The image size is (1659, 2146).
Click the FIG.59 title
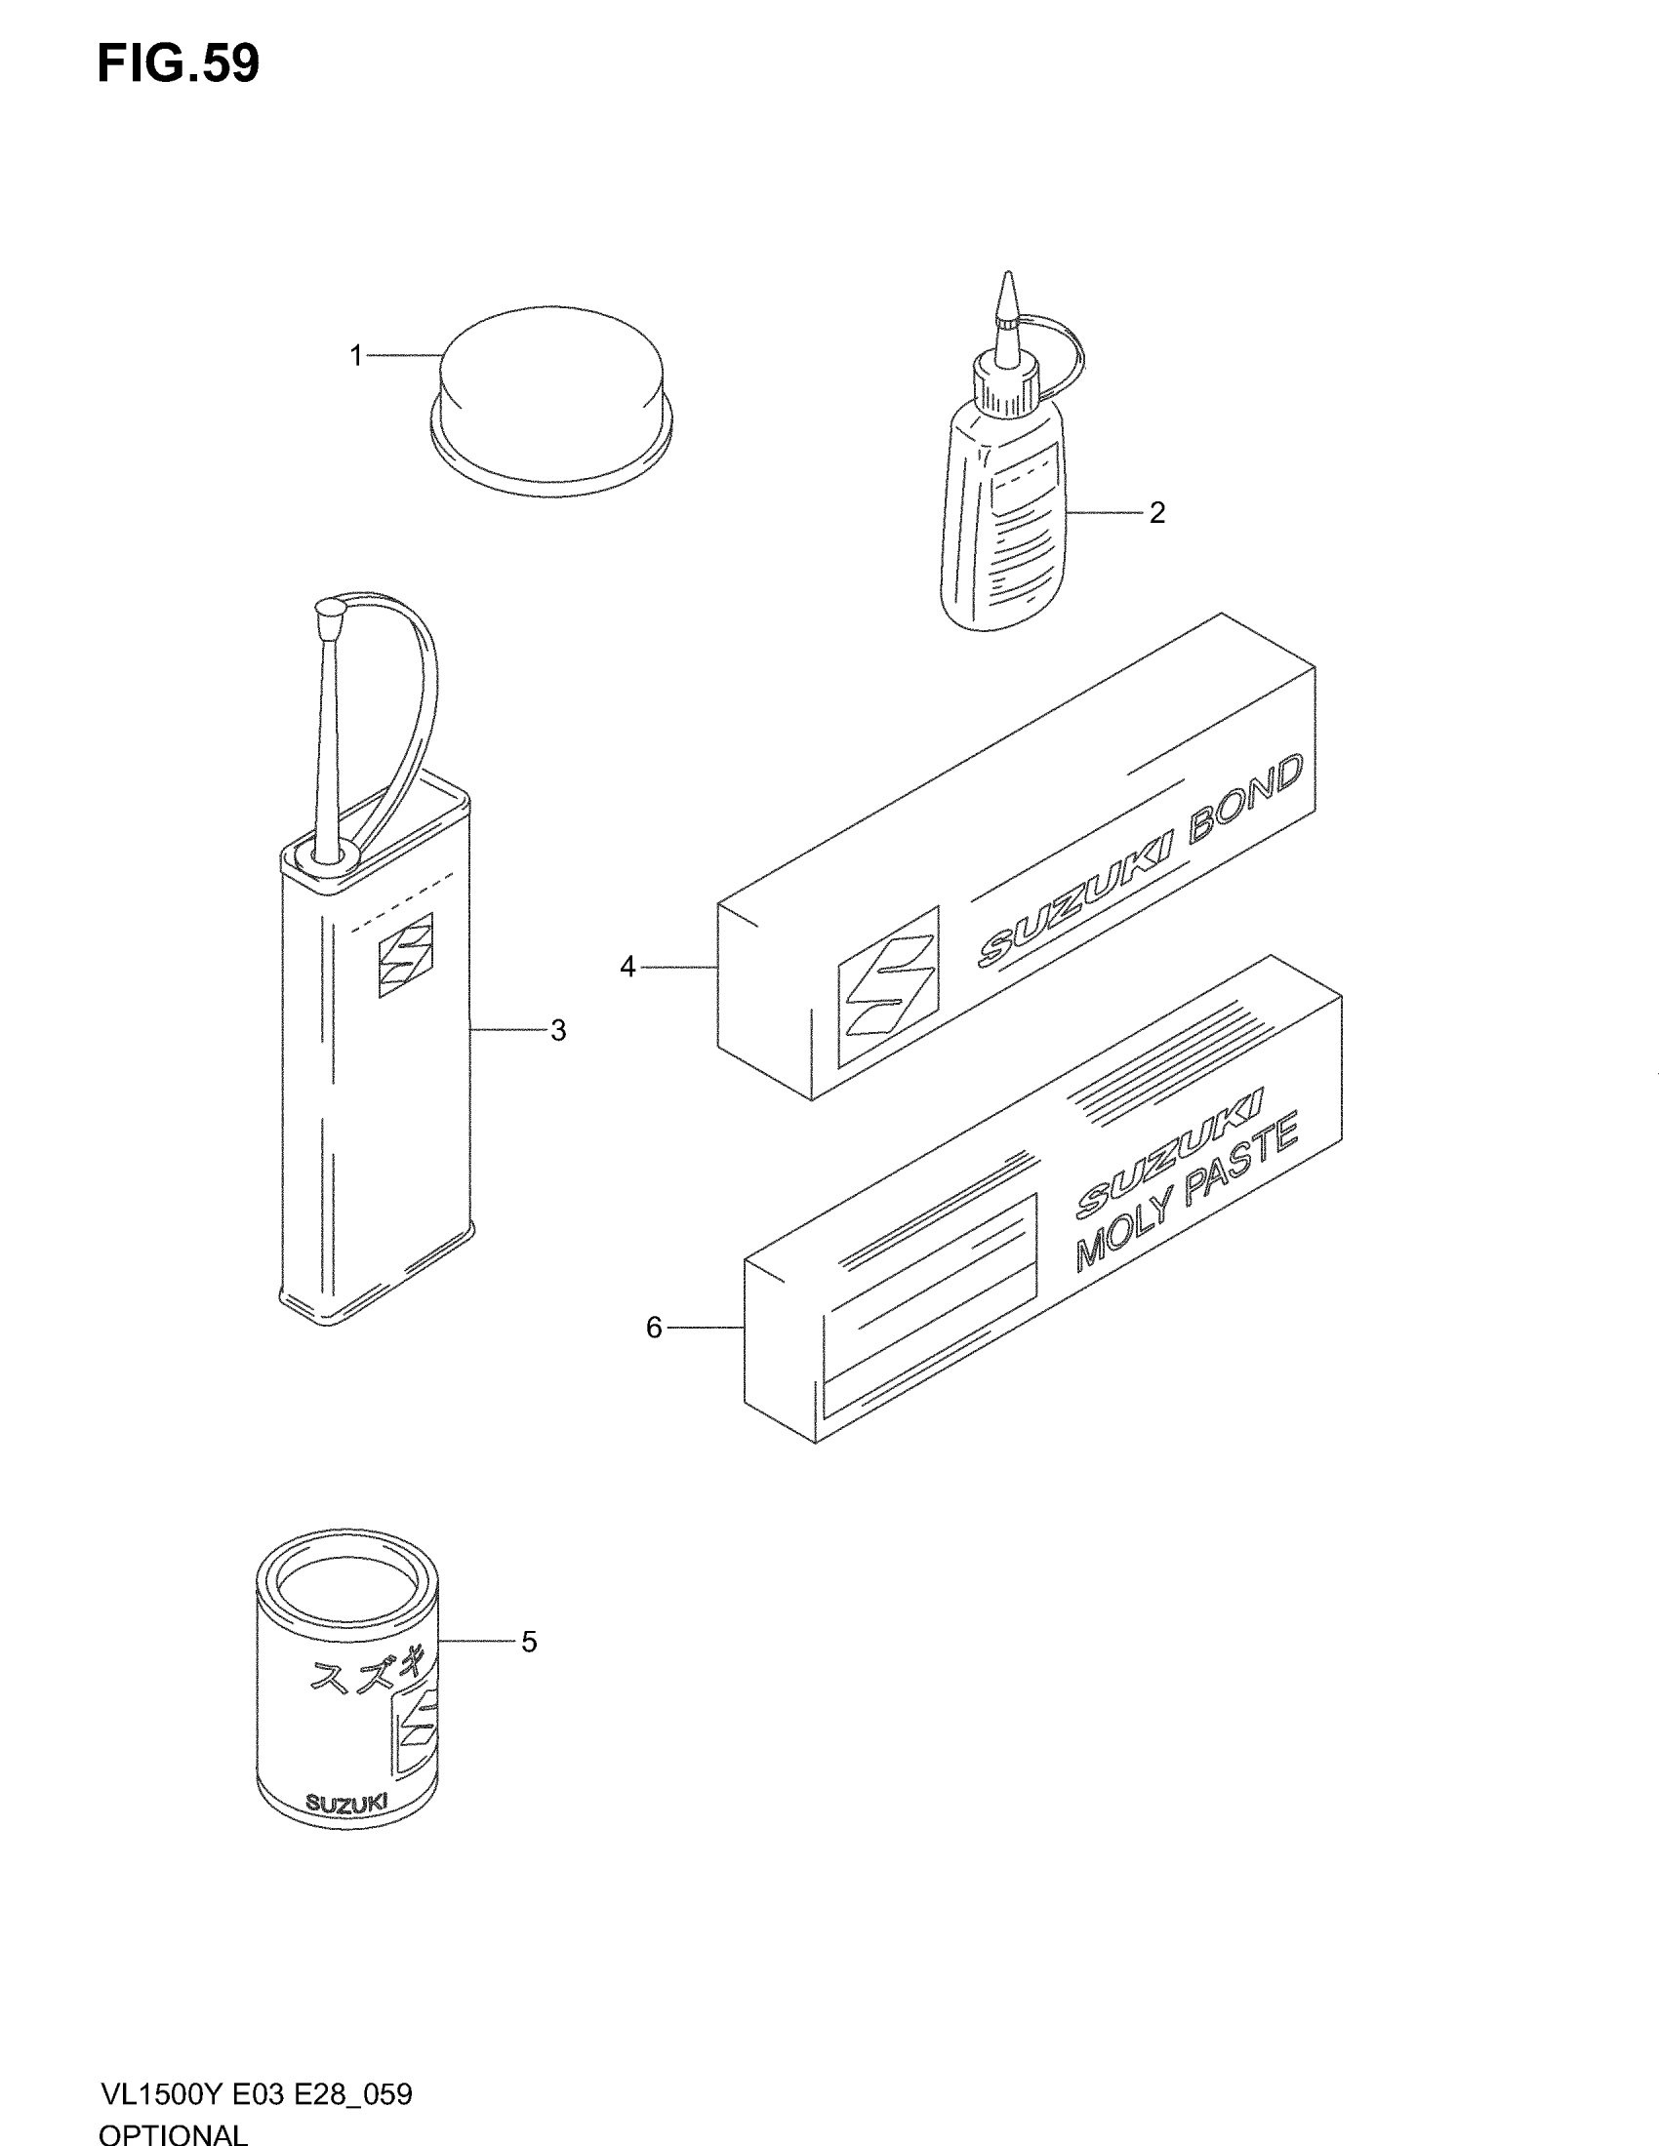[178, 64]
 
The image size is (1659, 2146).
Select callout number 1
[357, 356]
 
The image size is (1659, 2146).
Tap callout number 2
[1156, 513]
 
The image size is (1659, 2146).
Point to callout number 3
[558, 1031]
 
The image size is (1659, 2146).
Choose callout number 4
[628, 968]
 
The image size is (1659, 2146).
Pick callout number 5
[529, 1642]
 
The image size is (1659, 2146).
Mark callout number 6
[655, 1329]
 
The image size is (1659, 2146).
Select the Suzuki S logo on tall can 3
[406, 956]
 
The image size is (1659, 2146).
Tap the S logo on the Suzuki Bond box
[887, 985]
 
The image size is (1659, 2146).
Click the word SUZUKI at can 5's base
[346, 1802]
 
